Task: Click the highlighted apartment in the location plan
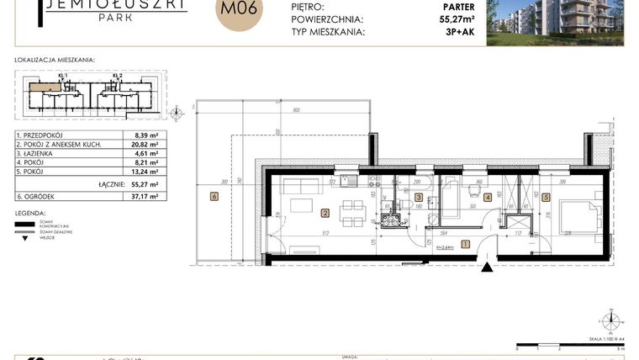[x=47, y=86]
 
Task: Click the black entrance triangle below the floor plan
[x=486, y=267]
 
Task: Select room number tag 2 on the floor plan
[x=324, y=213]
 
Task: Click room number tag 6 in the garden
[x=214, y=197]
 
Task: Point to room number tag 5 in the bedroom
[x=546, y=199]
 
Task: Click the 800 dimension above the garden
[x=296, y=111]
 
